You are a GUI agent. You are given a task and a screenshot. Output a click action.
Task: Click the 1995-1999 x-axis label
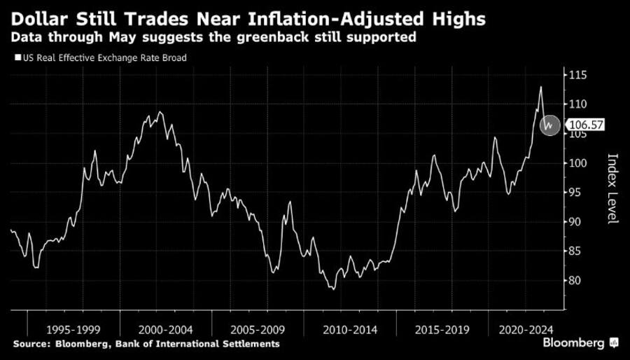[x=73, y=328]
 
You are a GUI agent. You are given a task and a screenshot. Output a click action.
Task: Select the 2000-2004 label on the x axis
[x=165, y=328]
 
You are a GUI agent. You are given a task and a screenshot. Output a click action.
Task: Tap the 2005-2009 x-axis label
[x=258, y=328]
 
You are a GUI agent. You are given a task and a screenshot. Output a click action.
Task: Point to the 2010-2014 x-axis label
[x=349, y=328]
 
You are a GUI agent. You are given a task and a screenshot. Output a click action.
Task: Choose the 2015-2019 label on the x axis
[x=442, y=328]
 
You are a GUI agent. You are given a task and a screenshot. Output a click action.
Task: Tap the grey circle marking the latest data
[x=550, y=125]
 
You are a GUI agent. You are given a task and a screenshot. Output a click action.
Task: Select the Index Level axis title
[x=612, y=189]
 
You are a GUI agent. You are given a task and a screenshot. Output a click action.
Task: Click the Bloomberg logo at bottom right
[x=579, y=343]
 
